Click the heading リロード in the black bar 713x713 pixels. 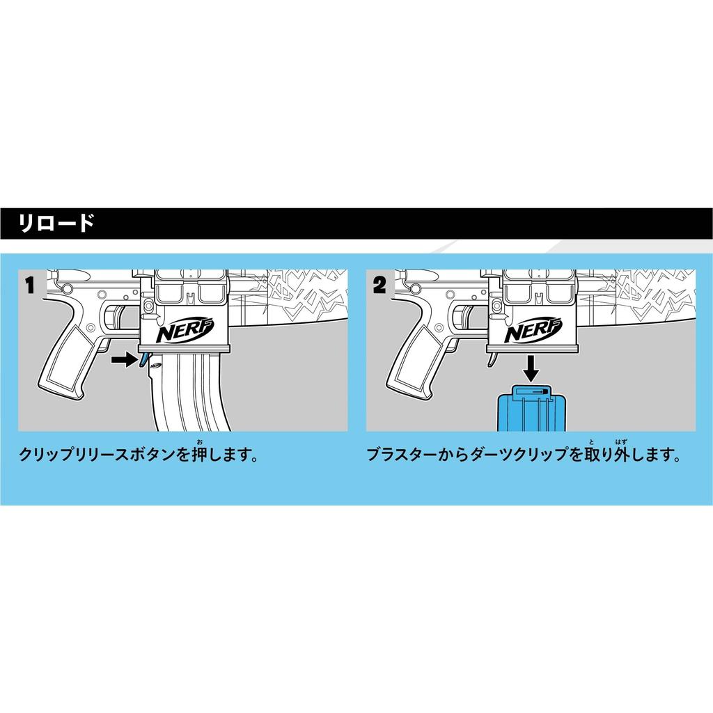tap(56, 224)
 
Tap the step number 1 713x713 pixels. tap(30, 285)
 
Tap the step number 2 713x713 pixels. tap(379, 285)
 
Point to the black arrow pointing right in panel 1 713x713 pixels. tap(124, 360)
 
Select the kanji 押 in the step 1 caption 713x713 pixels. tap(199, 455)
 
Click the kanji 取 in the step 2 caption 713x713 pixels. tap(592, 455)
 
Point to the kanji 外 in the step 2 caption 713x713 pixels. tap(621, 455)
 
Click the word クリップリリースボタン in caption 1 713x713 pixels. tap(97, 455)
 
